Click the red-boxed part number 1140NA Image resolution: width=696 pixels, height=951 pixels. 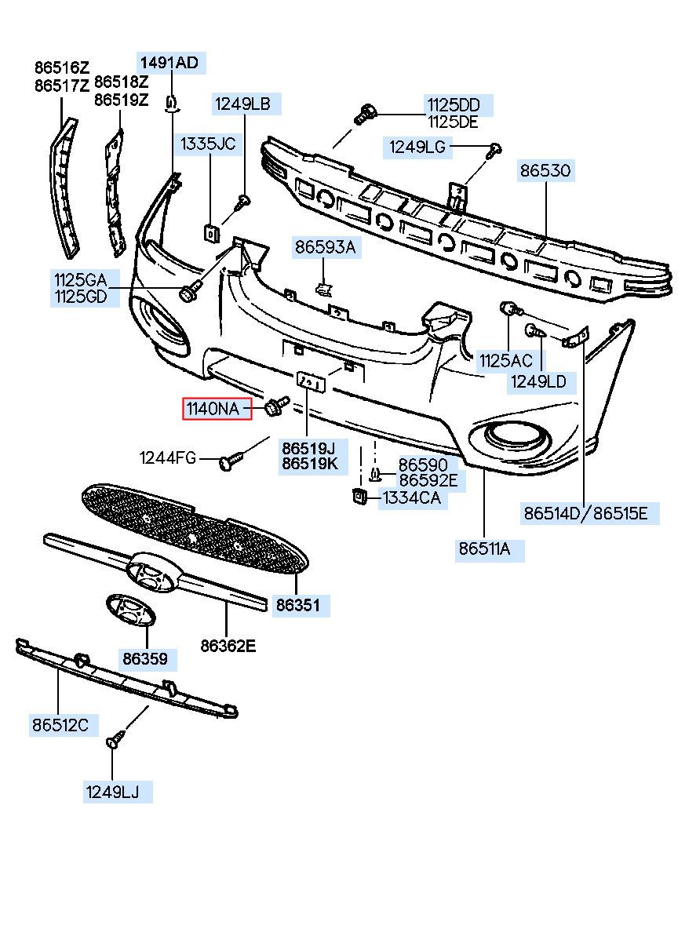click(213, 409)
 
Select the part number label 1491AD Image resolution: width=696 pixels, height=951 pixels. click(169, 63)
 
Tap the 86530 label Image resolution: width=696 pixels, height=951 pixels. click(545, 170)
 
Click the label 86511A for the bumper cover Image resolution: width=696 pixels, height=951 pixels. click(484, 549)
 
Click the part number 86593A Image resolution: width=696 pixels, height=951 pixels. click(326, 246)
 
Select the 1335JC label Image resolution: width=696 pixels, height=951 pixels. click(208, 144)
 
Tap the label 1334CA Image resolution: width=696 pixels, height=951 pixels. click(411, 497)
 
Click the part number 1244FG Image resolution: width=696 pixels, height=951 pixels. click(168, 457)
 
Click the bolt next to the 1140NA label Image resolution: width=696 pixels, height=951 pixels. click(276, 406)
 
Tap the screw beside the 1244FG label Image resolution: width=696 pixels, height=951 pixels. click(231, 461)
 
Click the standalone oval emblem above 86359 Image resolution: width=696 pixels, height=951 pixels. click(131, 610)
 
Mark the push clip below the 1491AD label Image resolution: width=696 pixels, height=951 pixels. click(171, 105)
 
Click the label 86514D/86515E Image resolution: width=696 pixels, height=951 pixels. click(585, 513)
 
